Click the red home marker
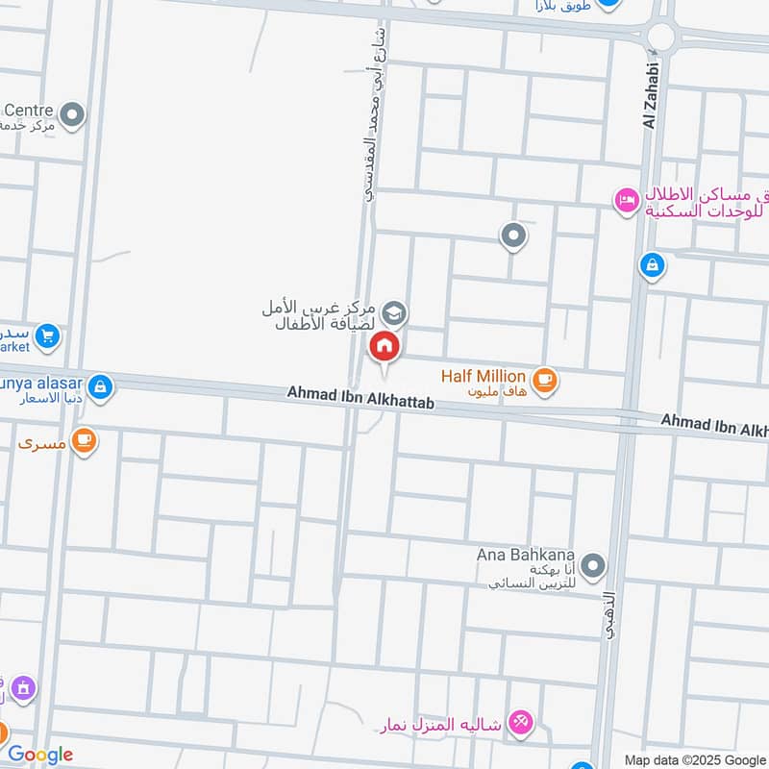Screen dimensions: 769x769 point(384,347)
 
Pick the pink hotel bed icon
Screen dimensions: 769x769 point(626,200)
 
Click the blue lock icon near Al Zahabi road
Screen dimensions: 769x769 point(652,264)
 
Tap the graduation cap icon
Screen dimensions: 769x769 point(394,313)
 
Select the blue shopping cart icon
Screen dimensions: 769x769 point(46,336)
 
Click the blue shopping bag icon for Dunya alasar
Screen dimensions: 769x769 point(101,388)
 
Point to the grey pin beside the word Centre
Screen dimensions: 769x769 point(71,116)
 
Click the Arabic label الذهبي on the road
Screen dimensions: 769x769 point(612,615)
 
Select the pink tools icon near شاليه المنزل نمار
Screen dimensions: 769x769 point(520,722)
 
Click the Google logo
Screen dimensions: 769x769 point(40,755)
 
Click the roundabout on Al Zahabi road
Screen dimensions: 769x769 point(661,37)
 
